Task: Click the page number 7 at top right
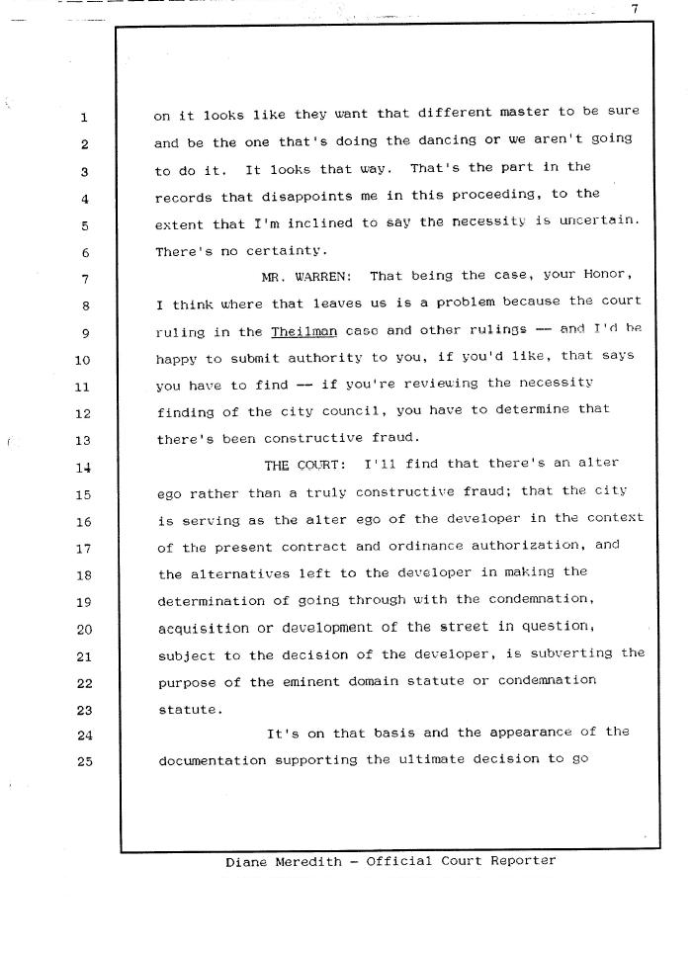click(x=637, y=9)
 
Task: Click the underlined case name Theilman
click(x=303, y=332)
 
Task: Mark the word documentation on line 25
click(x=211, y=761)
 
